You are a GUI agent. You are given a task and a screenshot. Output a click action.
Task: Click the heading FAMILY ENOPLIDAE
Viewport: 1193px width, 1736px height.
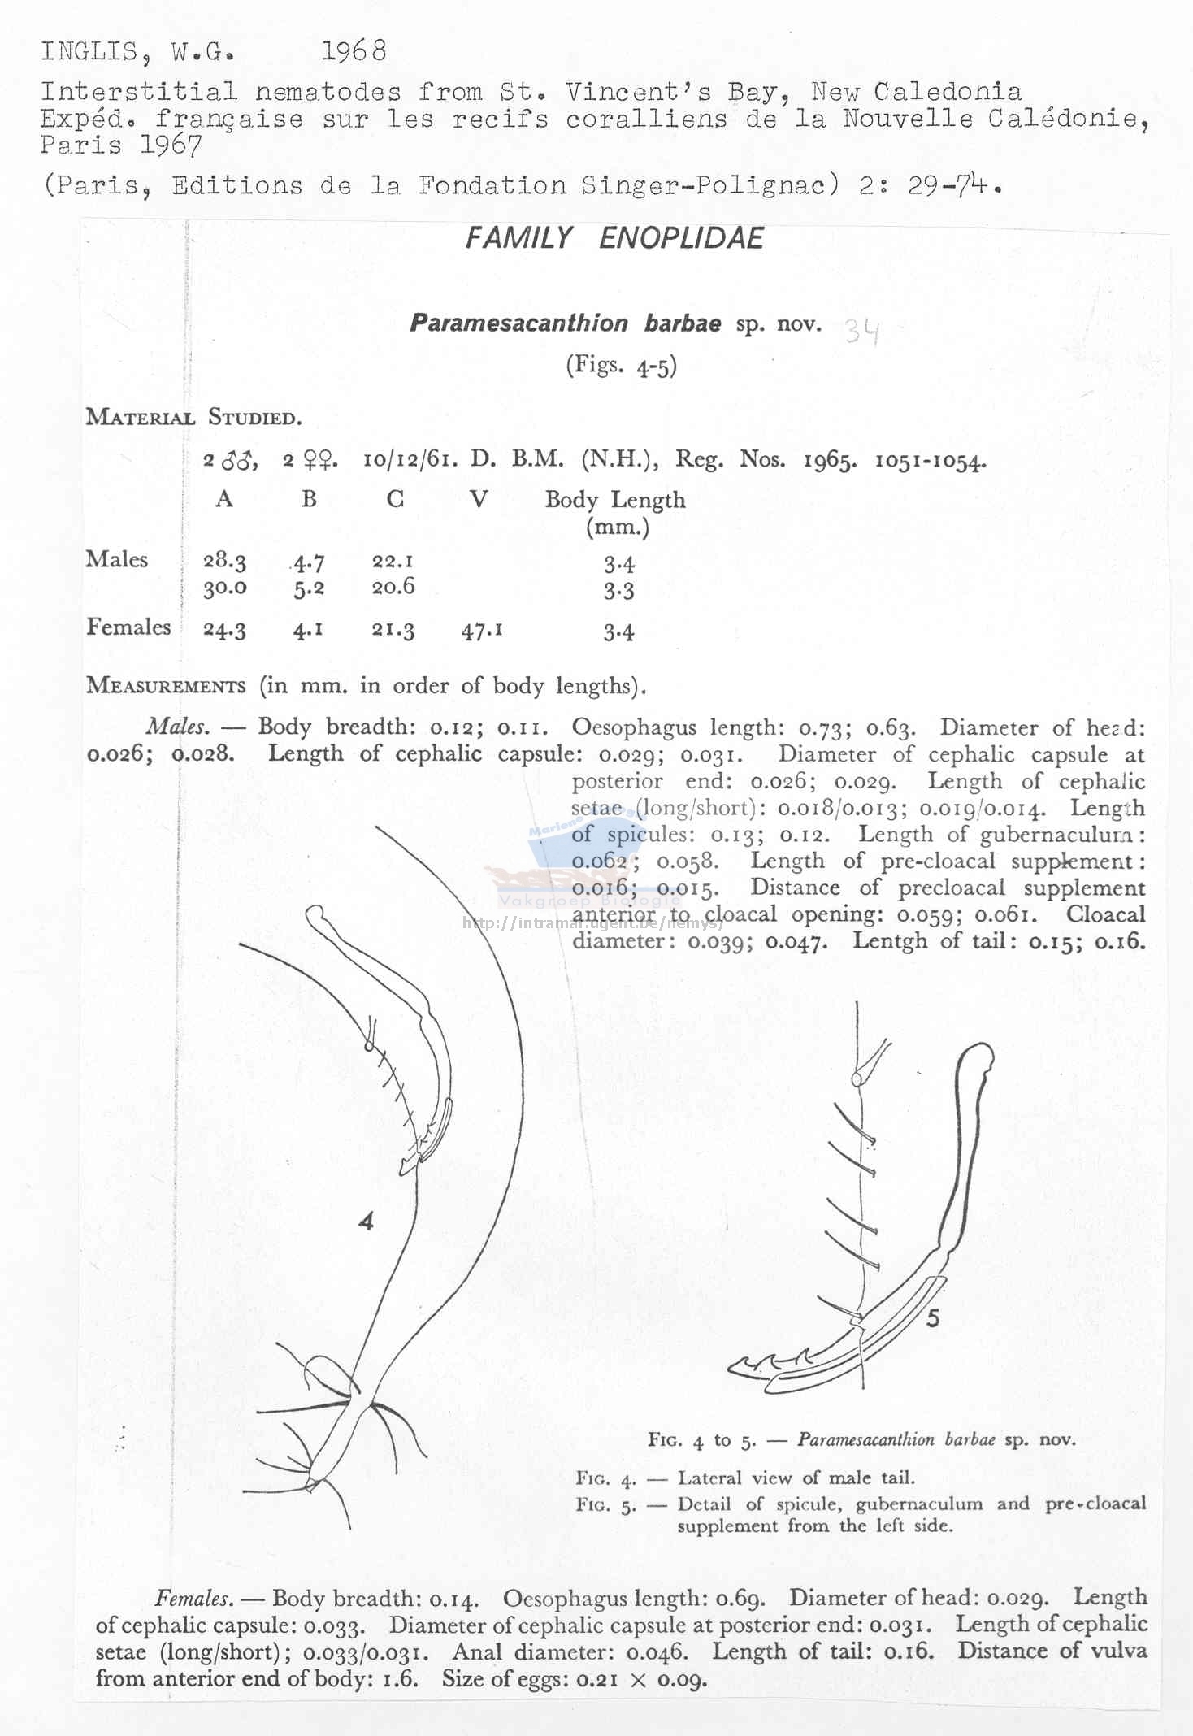(x=614, y=238)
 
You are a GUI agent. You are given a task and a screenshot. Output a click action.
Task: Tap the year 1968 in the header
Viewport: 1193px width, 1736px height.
(x=354, y=51)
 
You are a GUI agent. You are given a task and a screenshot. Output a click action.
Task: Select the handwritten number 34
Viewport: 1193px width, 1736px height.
(x=861, y=331)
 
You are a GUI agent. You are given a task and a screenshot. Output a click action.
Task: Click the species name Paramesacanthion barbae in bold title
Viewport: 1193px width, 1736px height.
(x=565, y=323)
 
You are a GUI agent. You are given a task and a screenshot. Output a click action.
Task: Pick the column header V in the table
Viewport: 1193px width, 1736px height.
(x=479, y=498)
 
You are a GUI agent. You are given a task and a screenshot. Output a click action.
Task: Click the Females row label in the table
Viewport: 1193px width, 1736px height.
(x=128, y=627)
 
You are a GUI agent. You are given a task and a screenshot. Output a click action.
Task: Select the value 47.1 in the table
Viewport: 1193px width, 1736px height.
(x=481, y=631)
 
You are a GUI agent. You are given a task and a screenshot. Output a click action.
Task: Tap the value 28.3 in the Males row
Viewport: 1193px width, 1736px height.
(x=224, y=561)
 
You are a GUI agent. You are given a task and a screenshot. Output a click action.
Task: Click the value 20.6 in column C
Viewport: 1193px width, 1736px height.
(x=393, y=587)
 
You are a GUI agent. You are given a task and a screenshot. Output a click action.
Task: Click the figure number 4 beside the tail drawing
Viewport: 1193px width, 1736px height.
(x=366, y=1221)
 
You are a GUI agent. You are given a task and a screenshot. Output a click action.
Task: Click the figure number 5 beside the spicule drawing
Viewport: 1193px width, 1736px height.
(x=932, y=1318)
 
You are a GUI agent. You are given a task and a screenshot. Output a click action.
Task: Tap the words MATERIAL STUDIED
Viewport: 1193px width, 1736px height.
(x=193, y=418)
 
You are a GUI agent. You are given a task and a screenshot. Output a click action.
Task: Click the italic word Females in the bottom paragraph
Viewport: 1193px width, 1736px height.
(x=193, y=1599)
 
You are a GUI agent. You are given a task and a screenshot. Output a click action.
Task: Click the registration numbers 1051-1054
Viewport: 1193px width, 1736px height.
(x=930, y=461)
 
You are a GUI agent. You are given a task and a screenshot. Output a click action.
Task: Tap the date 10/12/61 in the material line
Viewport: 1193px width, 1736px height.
(x=409, y=460)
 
